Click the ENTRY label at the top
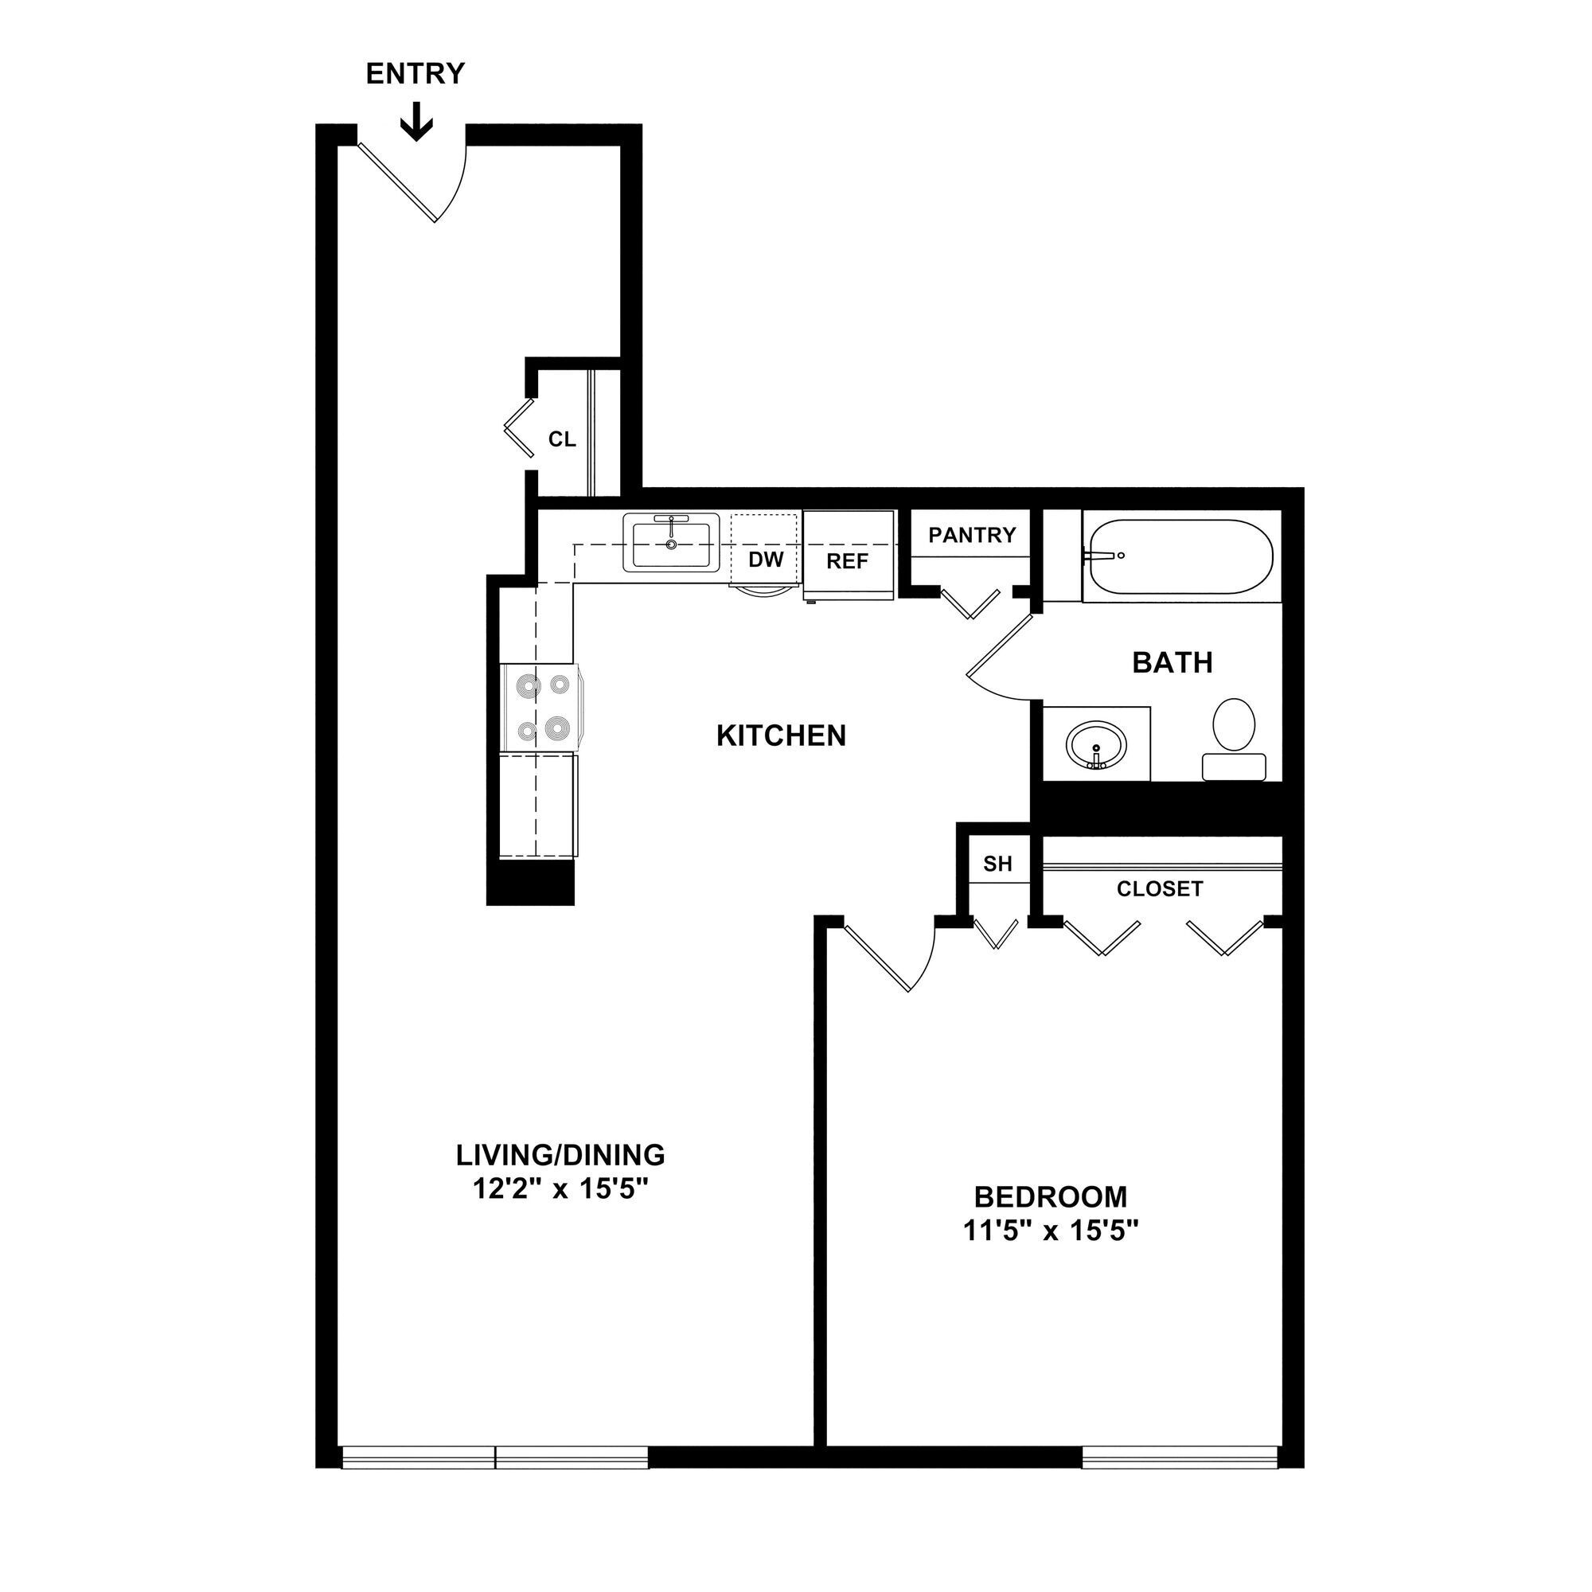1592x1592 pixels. (x=416, y=74)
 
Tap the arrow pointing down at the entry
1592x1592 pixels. (x=416, y=121)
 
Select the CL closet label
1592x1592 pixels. (x=562, y=440)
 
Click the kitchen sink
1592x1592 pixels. (x=672, y=542)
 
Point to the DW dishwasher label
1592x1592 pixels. (x=766, y=560)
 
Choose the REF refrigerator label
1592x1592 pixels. (x=848, y=562)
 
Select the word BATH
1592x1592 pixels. (x=1172, y=662)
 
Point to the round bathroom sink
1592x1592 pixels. (x=1095, y=744)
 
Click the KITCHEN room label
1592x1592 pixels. (x=781, y=736)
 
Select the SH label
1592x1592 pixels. (x=997, y=864)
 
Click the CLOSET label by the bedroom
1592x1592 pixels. (x=1160, y=889)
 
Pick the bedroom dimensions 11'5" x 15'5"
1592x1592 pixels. (x=1051, y=1231)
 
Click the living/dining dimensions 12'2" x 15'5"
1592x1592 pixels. (x=560, y=1190)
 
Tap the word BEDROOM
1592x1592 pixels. (x=1051, y=1196)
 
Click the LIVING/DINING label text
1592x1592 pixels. (x=560, y=1155)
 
